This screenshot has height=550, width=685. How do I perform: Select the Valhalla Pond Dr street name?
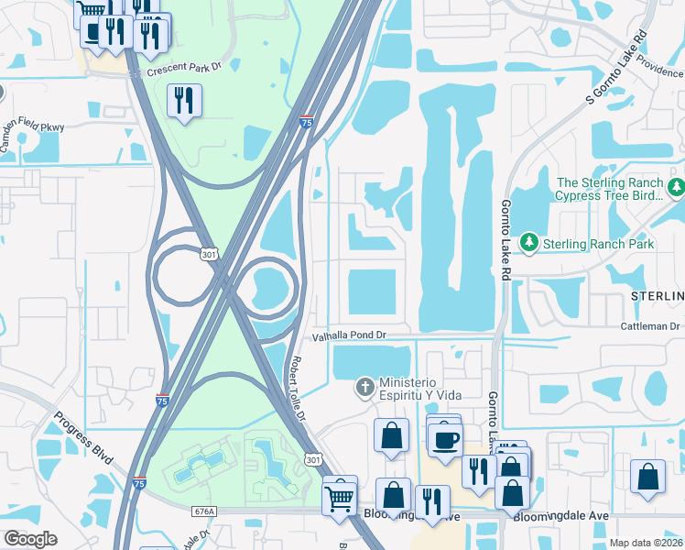coord(351,335)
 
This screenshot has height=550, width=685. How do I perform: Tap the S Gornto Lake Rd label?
coord(616,67)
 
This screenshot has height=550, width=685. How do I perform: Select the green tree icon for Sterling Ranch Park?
coord(528,243)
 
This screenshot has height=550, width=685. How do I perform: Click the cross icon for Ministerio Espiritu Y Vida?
coord(364,386)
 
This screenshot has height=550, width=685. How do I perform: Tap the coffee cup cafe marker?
coord(446,439)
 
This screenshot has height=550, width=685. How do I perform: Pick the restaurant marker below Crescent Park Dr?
coord(184,101)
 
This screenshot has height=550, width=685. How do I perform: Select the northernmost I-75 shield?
coord(307,120)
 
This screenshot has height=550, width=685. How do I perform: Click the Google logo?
coord(30,539)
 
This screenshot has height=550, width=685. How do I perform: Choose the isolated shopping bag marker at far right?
coord(647,478)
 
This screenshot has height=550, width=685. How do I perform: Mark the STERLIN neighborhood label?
coord(656,296)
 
